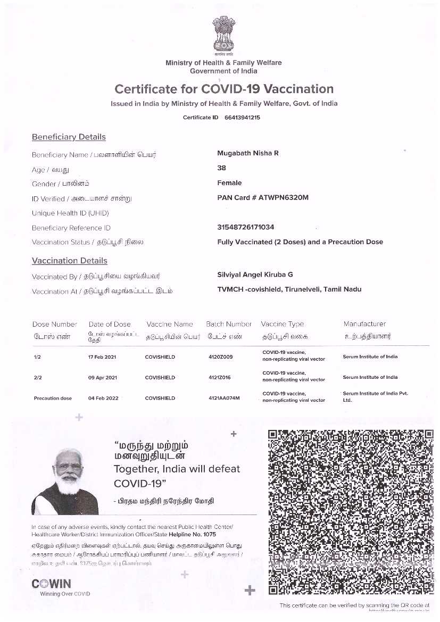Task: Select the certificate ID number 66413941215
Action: [x=242, y=118]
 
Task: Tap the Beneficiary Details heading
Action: [x=69, y=137]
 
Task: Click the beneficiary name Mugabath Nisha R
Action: [x=247, y=153]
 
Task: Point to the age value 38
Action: [x=221, y=168]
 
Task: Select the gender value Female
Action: [x=229, y=183]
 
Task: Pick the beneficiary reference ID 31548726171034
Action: [x=245, y=227]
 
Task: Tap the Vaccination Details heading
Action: [x=69, y=261]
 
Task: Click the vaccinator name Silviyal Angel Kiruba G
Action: [x=255, y=275]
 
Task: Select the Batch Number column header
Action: [x=229, y=324]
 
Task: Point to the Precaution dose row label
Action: [x=53, y=399]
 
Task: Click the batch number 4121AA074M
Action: [x=224, y=399]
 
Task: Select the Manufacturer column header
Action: [x=365, y=324]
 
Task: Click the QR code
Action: [x=351, y=512]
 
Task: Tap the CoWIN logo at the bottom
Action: [x=51, y=584]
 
